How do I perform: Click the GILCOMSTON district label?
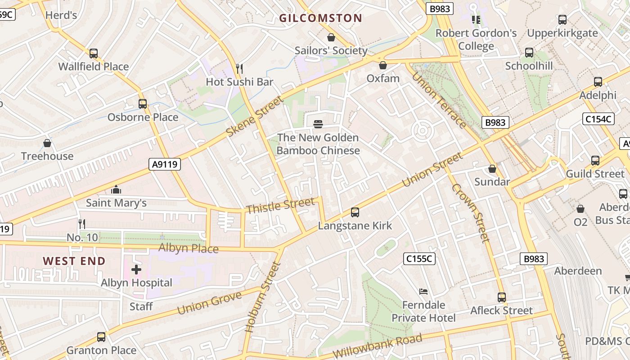pyautogui.click(x=320, y=18)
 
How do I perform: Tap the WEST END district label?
pyautogui.click(x=74, y=261)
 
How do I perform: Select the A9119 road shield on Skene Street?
pyautogui.click(x=165, y=165)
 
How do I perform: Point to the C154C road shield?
pyautogui.click(x=598, y=119)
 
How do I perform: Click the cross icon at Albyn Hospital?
pyautogui.click(x=136, y=270)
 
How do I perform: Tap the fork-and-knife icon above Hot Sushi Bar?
pyautogui.click(x=239, y=68)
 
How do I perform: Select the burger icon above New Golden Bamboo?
pyautogui.click(x=318, y=124)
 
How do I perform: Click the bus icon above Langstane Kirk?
pyautogui.click(x=355, y=212)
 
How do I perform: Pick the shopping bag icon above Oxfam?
pyautogui.click(x=383, y=65)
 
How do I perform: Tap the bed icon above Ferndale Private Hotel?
pyautogui.click(x=423, y=291)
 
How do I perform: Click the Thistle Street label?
pyautogui.click(x=280, y=206)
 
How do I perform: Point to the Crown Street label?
pyautogui.click(x=471, y=213)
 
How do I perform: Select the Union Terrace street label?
pyautogui.click(x=438, y=100)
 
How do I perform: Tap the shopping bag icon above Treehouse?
pyautogui.click(x=47, y=143)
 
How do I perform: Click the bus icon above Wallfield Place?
pyautogui.click(x=94, y=53)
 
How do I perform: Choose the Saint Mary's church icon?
pyautogui.click(x=116, y=189)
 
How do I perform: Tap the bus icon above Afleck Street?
pyautogui.click(x=502, y=297)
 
